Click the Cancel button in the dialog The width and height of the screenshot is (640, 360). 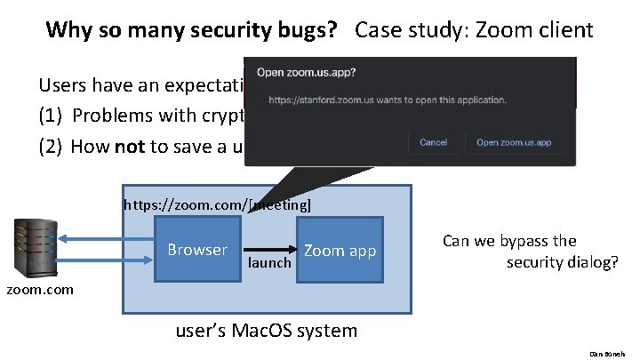(x=433, y=142)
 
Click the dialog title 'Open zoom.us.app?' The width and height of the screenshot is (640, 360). (x=308, y=72)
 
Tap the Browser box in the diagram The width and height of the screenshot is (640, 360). (x=197, y=250)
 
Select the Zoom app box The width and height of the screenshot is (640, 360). (x=340, y=251)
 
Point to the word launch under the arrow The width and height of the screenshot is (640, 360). (x=269, y=264)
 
